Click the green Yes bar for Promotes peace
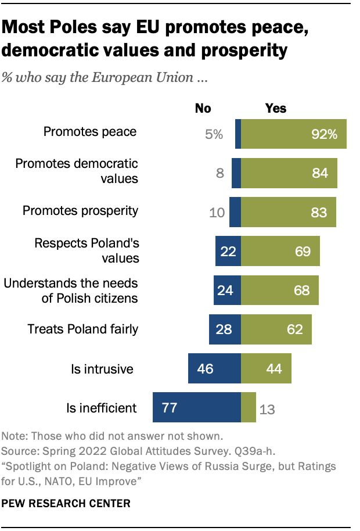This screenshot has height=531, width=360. pos(293,134)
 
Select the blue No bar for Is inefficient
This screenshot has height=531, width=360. pos(196,407)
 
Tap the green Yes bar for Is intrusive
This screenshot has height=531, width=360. pos(266,368)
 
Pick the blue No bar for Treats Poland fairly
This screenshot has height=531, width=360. pos(225,329)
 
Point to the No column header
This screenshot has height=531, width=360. pos(203,109)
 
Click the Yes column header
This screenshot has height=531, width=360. pos(276,109)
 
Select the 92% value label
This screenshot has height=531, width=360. pos(323,134)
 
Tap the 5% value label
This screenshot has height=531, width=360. pos(214,134)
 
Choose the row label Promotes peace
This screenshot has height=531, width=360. pos(90,132)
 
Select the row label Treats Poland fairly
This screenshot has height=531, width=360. pos(83,329)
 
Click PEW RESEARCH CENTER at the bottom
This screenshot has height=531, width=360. pos(66,502)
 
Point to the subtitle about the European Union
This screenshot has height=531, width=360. pos(105,77)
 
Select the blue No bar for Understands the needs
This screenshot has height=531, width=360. pos(227,290)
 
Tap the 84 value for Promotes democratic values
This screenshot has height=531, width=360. pos(319,173)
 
